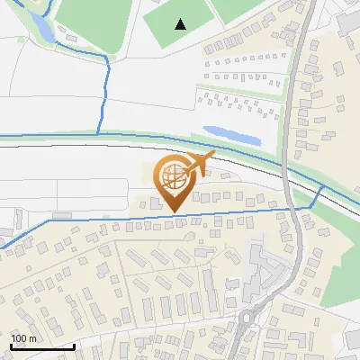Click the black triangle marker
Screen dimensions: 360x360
tap(181, 24)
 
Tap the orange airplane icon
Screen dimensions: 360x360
tap(198, 165)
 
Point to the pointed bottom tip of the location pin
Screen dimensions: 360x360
tap(171, 211)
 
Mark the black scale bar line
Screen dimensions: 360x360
tap(42, 346)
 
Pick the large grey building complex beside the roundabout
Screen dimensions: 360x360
tap(261, 270)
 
